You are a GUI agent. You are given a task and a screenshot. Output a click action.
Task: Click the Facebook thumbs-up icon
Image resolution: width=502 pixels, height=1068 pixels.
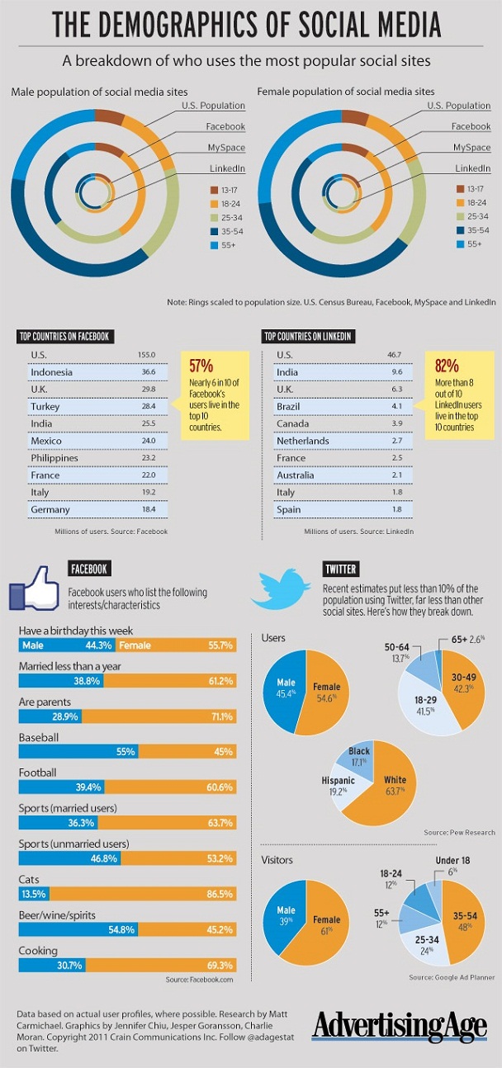tap(34, 588)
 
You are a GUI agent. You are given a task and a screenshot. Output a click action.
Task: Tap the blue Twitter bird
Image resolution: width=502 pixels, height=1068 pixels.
tap(281, 589)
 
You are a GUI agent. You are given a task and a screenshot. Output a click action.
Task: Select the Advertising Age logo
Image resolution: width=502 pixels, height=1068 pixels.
tap(400, 1027)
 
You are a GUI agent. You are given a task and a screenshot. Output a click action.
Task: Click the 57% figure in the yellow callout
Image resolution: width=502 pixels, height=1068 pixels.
tap(201, 366)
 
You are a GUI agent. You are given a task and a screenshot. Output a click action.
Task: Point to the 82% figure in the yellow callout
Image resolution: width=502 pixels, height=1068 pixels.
tap(447, 366)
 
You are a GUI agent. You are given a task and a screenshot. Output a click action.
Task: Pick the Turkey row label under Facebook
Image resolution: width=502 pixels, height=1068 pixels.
tap(45, 407)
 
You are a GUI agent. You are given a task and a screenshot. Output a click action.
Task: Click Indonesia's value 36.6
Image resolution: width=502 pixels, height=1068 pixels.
tap(149, 372)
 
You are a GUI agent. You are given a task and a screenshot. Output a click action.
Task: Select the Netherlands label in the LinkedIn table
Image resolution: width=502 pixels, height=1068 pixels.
tap(302, 441)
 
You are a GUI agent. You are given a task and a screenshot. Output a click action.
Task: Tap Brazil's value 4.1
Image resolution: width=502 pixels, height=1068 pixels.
tap(397, 406)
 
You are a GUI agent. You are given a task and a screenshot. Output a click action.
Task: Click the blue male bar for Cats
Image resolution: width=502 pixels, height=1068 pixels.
tap(34, 894)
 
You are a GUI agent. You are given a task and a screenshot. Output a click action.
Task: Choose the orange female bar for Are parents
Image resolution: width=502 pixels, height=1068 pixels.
tap(159, 716)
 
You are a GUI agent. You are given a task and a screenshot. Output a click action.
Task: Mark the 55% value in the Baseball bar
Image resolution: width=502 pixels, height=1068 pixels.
tap(125, 752)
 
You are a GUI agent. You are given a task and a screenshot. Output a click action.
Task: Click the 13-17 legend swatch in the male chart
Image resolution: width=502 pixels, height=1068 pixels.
tap(214, 190)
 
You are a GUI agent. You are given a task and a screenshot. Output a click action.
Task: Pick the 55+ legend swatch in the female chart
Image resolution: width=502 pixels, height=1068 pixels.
tap(460, 244)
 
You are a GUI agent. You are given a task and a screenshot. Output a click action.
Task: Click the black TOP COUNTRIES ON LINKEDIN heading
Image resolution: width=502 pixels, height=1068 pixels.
tap(308, 337)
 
